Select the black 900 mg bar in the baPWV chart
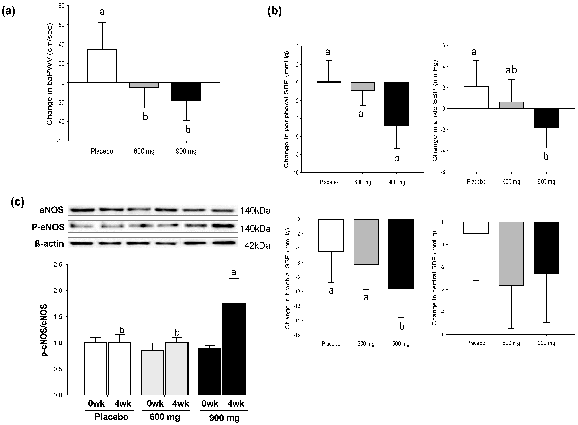click(x=186, y=92)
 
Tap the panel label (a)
click(x=9, y=12)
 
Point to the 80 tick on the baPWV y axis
click(x=61, y=6)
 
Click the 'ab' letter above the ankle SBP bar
click(x=511, y=70)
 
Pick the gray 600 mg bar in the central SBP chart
click(x=511, y=253)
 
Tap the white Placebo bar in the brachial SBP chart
click(x=331, y=235)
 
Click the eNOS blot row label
click(x=52, y=210)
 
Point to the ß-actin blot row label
click(x=49, y=243)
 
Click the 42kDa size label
click(x=257, y=246)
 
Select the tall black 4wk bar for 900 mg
click(x=234, y=349)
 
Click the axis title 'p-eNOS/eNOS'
click(x=44, y=330)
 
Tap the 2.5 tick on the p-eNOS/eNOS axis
click(x=58, y=265)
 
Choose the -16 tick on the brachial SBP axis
click(x=296, y=335)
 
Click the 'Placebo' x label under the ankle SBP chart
click(x=476, y=182)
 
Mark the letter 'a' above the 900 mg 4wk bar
click(x=234, y=272)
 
